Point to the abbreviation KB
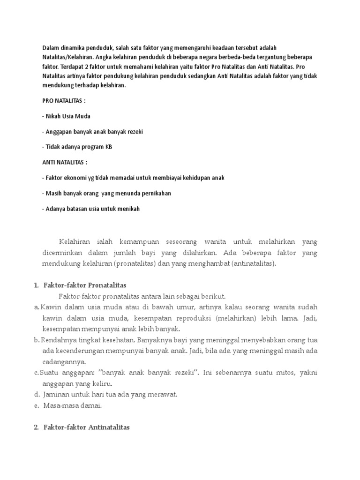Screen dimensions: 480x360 pos(109,147)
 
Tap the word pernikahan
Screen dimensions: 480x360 pos(155,193)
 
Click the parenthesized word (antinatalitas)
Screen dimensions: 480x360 pos(252,263)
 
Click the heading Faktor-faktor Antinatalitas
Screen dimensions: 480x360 pos(86,427)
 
